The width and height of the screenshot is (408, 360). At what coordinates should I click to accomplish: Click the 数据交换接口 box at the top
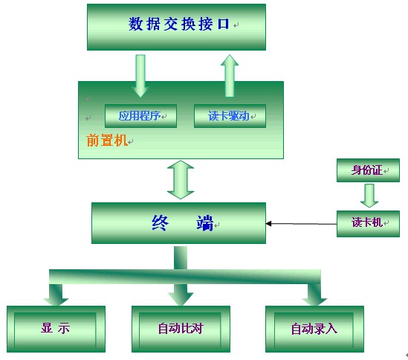[176, 27]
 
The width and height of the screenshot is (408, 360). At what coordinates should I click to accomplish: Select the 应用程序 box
[140, 116]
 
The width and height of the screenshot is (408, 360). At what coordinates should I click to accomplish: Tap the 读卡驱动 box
[230, 116]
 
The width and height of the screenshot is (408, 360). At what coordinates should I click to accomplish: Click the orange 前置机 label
[107, 141]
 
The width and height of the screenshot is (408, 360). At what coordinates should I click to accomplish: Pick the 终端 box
[178, 223]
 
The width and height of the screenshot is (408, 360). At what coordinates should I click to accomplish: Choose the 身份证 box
[368, 170]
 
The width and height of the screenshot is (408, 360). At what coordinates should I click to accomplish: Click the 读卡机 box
[368, 223]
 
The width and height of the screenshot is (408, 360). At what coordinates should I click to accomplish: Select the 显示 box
[56, 329]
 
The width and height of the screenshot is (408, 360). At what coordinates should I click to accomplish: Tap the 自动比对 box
[181, 329]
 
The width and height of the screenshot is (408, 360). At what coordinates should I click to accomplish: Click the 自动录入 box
[314, 329]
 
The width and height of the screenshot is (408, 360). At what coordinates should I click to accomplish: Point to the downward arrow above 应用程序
[140, 76]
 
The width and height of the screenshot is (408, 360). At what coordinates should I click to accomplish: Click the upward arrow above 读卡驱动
[230, 76]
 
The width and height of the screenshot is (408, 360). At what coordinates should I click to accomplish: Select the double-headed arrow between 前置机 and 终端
[181, 180]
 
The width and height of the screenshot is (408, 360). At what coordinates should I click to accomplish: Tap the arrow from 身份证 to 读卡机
[369, 196]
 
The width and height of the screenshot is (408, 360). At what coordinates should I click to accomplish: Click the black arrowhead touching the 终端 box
[269, 223]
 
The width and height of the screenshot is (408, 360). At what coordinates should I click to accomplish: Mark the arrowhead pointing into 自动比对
[181, 298]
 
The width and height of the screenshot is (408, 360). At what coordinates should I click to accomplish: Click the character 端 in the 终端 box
[205, 223]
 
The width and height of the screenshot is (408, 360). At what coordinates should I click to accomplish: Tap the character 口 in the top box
[223, 24]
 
